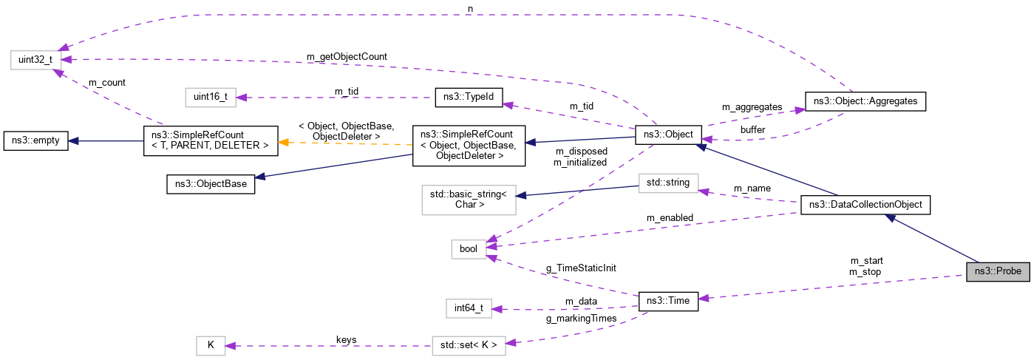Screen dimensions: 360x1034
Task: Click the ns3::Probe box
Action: (998, 271)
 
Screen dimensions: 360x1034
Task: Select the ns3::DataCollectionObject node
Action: (865, 205)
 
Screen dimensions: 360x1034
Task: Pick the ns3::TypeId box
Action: (469, 97)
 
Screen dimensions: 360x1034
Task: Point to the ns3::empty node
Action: (36, 140)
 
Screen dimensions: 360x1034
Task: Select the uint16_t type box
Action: (211, 97)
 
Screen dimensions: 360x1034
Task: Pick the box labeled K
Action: (211, 345)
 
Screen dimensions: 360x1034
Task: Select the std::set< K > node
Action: (469, 345)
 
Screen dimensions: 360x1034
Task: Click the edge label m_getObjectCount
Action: (347, 57)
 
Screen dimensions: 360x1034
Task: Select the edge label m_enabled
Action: (670, 217)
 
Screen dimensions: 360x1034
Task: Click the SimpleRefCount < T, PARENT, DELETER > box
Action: (210, 140)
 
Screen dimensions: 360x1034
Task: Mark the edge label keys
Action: (346, 340)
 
